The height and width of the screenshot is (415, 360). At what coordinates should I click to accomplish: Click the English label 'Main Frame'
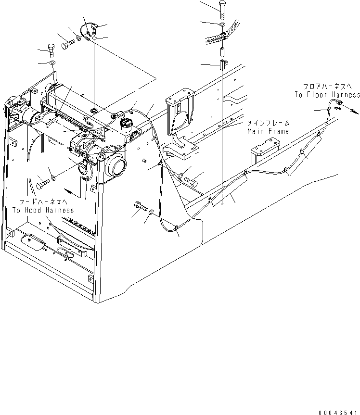pyautogui.click(x=268, y=131)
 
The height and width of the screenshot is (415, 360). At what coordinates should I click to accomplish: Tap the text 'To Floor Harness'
pyautogui.click(x=327, y=95)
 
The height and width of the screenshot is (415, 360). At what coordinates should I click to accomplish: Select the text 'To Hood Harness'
pyautogui.click(x=43, y=210)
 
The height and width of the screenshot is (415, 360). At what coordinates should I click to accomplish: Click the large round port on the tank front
pyautogui.click(x=116, y=166)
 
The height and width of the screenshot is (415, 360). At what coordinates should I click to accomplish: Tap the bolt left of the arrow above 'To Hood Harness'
pyautogui.click(x=40, y=182)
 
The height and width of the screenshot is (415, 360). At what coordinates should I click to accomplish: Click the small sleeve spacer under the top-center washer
pyautogui.click(x=222, y=50)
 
